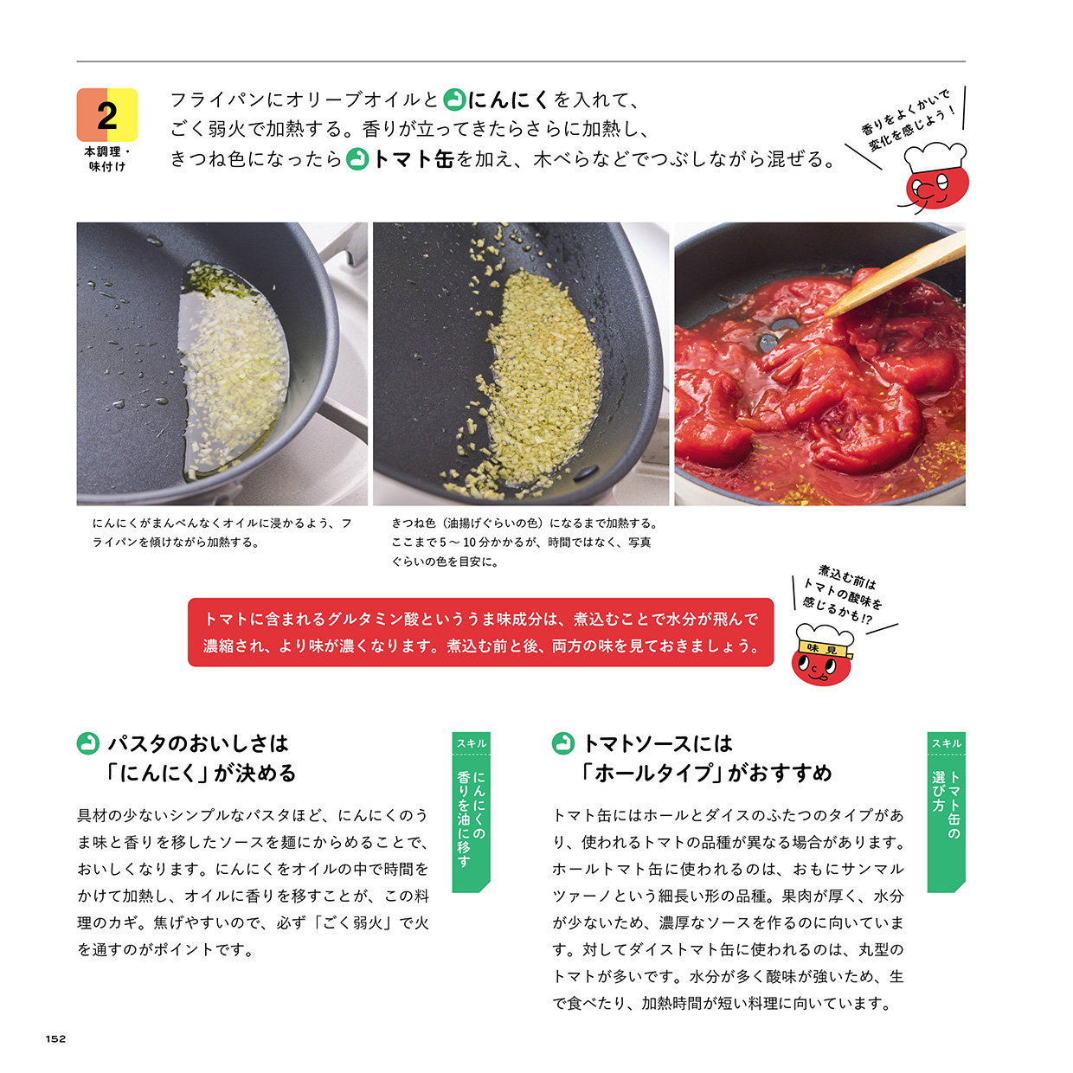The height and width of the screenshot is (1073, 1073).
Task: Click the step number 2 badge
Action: pyautogui.click(x=107, y=115)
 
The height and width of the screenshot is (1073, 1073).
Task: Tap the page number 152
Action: pyautogui.click(x=55, y=1038)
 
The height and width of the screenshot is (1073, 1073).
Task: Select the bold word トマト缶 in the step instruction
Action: pyautogui.click(x=413, y=159)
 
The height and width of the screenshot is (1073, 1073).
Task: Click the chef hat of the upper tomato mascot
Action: pyautogui.click(x=935, y=157)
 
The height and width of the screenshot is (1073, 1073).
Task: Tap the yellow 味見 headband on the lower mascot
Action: pyautogui.click(x=824, y=649)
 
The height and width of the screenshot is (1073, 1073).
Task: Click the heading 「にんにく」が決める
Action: pyautogui.click(x=202, y=773)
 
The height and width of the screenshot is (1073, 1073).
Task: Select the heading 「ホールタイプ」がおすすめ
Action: pyautogui.click(x=707, y=773)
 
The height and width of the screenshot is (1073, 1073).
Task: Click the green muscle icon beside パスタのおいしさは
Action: pyautogui.click(x=88, y=743)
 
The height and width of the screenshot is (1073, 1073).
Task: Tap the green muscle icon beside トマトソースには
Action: pyautogui.click(x=563, y=743)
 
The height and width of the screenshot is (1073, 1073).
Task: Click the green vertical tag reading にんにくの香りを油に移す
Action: pyautogui.click(x=471, y=812)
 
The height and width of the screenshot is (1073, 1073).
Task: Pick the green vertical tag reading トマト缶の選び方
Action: pyautogui.click(x=946, y=812)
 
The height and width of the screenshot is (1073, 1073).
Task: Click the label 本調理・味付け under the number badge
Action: pyautogui.click(x=107, y=158)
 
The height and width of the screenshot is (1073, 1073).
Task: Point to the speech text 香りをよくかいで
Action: pyautogui.click(x=904, y=111)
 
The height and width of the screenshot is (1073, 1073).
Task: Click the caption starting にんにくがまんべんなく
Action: pyautogui.click(x=222, y=532)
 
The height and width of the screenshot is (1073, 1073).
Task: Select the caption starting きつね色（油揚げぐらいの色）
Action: pyautogui.click(x=524, y=542)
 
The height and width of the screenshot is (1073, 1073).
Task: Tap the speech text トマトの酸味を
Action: pyautogui.click(x=841, y=594)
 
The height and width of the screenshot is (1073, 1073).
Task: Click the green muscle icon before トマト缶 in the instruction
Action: pyautogui.click(x=357, y=159)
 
